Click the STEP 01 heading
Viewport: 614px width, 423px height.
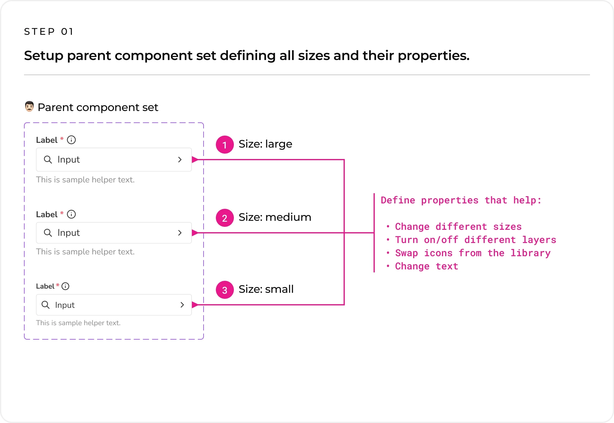49,31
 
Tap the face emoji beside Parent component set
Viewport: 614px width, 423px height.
29,106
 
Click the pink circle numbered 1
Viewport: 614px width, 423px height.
225,145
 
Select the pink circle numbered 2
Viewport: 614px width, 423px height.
225,218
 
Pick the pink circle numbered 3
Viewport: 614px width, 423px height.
225,290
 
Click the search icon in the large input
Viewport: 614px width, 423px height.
48,160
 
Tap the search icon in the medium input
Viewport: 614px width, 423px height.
48,232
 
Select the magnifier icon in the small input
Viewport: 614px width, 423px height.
46,305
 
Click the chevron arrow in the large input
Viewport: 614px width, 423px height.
180,160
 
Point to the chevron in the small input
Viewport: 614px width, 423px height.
182,305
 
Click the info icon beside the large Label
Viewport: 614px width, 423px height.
71,140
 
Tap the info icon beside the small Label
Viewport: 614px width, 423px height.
65,286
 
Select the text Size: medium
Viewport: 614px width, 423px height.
275,217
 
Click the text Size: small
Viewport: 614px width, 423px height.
266,289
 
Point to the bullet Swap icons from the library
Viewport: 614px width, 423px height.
469,253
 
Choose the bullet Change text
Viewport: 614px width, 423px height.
422,266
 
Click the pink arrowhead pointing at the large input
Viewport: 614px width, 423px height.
195,160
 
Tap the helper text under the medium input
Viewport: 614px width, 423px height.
85,252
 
